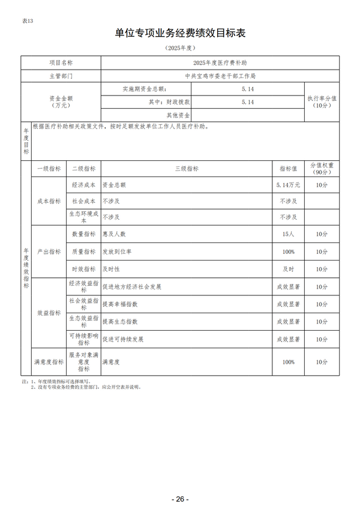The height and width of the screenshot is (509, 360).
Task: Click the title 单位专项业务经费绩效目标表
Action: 180,33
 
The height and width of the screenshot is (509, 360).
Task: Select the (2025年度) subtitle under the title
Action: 180,47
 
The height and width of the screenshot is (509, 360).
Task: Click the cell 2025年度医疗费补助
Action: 220,62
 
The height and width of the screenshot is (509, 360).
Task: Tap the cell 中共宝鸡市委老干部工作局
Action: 220,76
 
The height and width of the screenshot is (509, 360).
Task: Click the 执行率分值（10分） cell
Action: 322,101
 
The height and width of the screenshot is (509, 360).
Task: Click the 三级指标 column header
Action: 187,169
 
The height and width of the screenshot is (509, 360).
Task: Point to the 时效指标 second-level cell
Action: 83,269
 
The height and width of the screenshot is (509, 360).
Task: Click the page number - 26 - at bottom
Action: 179,499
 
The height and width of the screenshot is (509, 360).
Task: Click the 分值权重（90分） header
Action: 322,169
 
